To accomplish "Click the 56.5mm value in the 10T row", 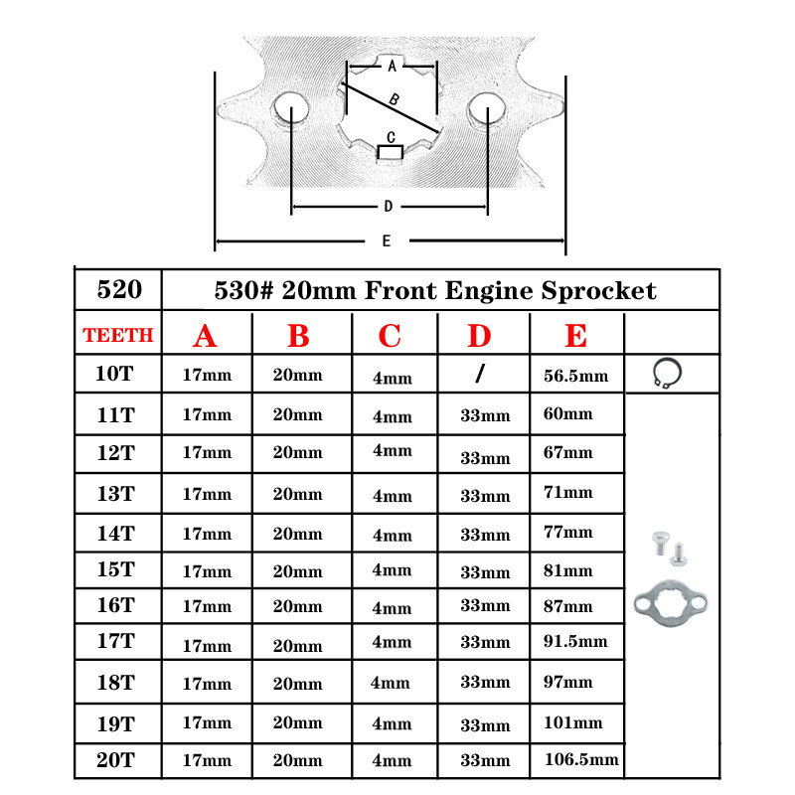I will (x=576, y=377).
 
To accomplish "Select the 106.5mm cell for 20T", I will (x=581, y=760).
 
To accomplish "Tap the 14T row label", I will (x=115, y=533).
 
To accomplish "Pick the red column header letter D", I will (x=479, y=336).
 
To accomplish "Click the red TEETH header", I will (x=118, y=336).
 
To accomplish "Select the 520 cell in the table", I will (x=118, y=290).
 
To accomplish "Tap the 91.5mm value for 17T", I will (x=576, y=641).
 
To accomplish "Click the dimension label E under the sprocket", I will (x=386, y=240).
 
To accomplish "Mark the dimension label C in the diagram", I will (x=391, y=137).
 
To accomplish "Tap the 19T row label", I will (x=115, y=722).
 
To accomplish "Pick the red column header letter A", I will (x=205, y=336).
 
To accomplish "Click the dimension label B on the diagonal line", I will (x=394, y=99).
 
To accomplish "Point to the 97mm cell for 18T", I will (x=568, y=682).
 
